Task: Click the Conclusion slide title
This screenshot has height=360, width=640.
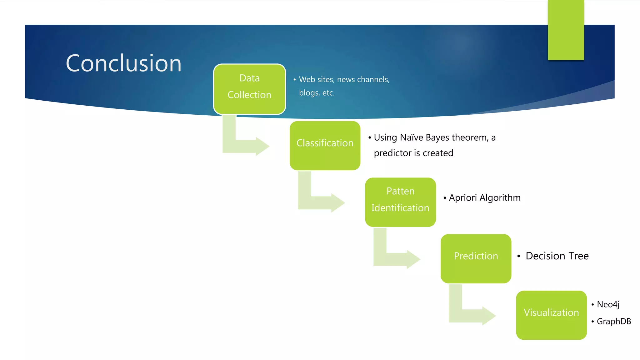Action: click(x=123, y=63)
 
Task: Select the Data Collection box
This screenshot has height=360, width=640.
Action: click(x=249, y=89)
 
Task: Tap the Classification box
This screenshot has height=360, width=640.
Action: click(x=325, y=146)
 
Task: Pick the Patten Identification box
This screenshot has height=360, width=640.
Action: click(x=400, y=202)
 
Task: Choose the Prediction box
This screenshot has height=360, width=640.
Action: click(x=476, y=258)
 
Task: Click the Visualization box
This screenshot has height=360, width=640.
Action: click(x=551, y=315)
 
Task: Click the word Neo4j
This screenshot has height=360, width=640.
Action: click(x=608, y=304)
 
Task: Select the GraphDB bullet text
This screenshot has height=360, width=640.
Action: click(x=614, y=321)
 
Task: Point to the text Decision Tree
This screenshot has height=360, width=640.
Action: click(x=557, y=256)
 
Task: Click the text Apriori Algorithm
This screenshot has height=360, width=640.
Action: click(x=484, y=198)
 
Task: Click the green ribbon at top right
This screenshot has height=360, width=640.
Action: click(x=566, y=30)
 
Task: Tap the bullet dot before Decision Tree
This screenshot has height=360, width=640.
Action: click(x=518, y=256)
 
